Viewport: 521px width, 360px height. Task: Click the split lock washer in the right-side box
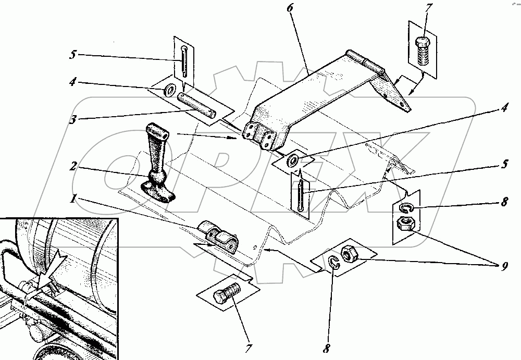[408, 208]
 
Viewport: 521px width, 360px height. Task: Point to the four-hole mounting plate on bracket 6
[259, 134]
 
